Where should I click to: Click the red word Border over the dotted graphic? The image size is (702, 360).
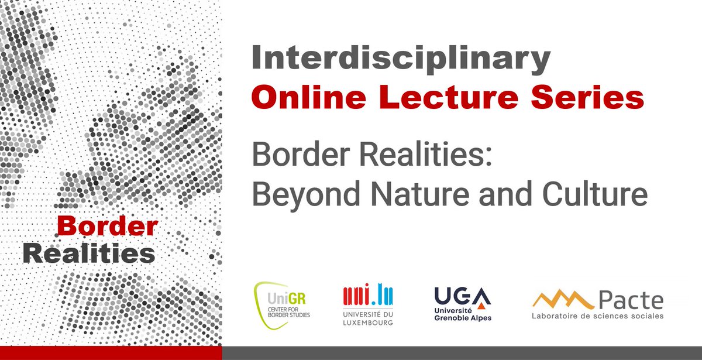coord(107,225)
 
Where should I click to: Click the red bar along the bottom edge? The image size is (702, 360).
coord(111,353)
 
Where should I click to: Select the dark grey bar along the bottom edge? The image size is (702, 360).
coord(462,353)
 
